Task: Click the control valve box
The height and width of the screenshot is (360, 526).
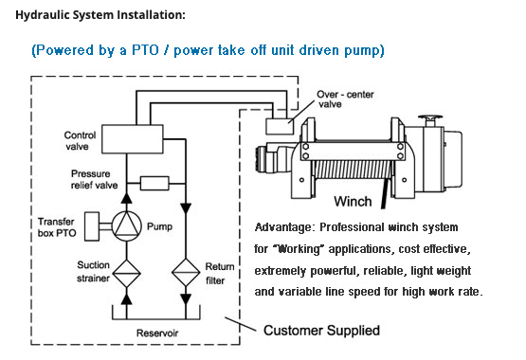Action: [133, 139]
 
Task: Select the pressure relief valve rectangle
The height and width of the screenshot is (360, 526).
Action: [154, 184]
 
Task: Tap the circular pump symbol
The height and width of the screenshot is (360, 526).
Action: [126, 226]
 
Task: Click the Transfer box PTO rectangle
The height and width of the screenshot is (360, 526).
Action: [92, 226]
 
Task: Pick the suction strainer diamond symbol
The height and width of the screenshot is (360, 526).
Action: [126, 274]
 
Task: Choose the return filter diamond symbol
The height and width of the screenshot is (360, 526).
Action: [186, 272]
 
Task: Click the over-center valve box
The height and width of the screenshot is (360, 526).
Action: [280, 126]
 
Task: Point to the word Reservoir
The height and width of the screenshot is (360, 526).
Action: [157, 333]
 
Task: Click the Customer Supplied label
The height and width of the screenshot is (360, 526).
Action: [321, 331]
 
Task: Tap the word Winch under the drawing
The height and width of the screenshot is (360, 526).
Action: [353, 202]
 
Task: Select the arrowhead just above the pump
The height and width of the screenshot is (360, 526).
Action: [126, 198]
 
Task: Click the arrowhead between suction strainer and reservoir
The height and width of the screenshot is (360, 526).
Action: [126, 298]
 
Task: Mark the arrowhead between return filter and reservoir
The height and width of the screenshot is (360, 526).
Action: [186, 299]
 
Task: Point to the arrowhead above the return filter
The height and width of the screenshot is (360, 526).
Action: [186, 208]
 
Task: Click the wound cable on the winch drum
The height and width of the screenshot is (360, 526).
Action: [353, 170]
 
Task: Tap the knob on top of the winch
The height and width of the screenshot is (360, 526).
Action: [430, 120]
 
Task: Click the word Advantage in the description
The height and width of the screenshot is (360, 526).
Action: [283, 227]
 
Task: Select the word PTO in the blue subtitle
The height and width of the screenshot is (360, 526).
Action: [145, 50]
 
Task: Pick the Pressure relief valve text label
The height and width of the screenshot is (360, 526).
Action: [94, 179]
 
